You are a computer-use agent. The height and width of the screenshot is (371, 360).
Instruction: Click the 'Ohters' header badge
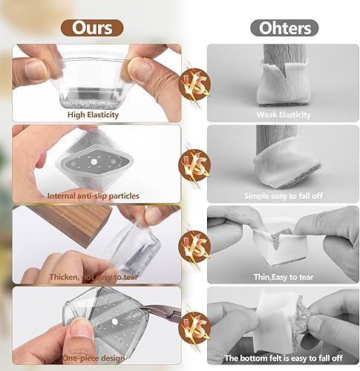[284, 27]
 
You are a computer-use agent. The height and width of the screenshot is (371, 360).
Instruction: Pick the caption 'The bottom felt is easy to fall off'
[284, 357]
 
